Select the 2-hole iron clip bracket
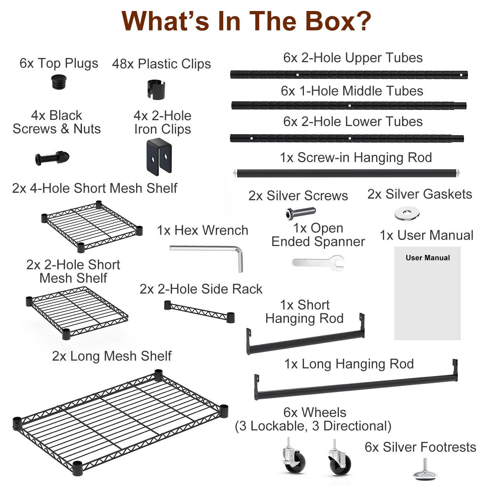tap(158, 156)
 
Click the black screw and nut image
tap(52, 158)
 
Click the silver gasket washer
tap(407, 214)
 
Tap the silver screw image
tap(300, 213)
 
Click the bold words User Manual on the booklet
tap(428, 258)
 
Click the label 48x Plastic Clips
tap(161, 64)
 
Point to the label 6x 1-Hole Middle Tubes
tap(352, 91)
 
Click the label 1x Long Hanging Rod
tap(349, 364)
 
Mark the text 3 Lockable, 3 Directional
tap(313, 426)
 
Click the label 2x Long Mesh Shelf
tap(112, 356)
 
